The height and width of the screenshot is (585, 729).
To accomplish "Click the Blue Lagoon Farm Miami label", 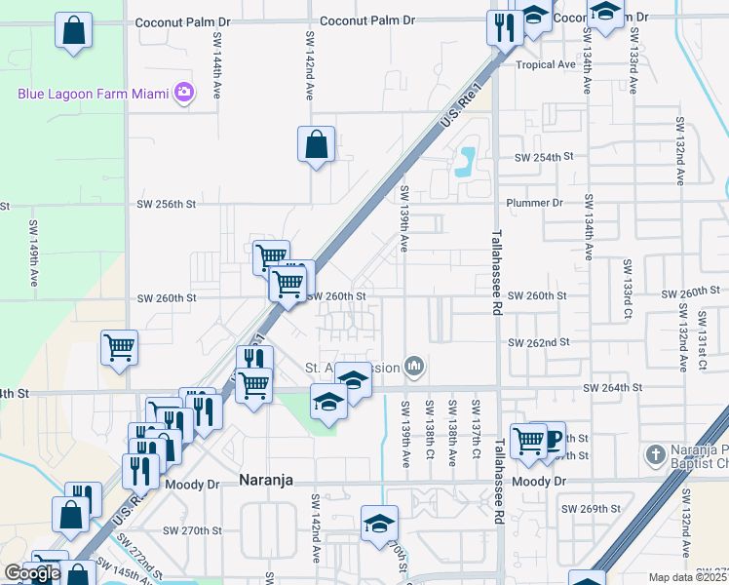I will [x=94, y=94].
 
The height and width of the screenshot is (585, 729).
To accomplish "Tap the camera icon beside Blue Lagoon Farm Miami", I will [x=183, y=94].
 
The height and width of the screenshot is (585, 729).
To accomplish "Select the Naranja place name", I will [x=266, y=480].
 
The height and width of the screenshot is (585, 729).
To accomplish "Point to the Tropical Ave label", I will [x=546, y=65].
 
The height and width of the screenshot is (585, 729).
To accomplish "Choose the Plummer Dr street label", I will [x=535, y=203].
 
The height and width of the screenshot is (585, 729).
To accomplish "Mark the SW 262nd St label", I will [x=539, y=342].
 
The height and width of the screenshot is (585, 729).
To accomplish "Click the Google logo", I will [x=32, y=573].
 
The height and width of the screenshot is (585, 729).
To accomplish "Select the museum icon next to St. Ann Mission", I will [x=415, y=366].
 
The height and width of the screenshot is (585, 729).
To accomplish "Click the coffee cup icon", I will [x=552, y=439].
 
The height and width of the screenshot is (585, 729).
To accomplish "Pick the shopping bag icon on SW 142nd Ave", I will [x=316, y=146].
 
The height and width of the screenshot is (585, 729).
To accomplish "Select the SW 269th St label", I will [x=592, y=508].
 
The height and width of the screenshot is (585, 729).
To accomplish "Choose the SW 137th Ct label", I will [x=476, y=429].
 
